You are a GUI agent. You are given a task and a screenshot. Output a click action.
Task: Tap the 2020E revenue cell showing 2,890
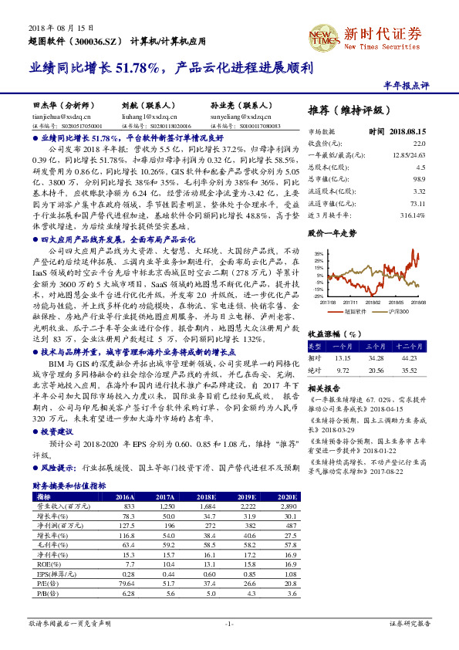[x=275, y=505]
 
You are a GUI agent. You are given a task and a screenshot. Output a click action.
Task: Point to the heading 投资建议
[x=56, y=432]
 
